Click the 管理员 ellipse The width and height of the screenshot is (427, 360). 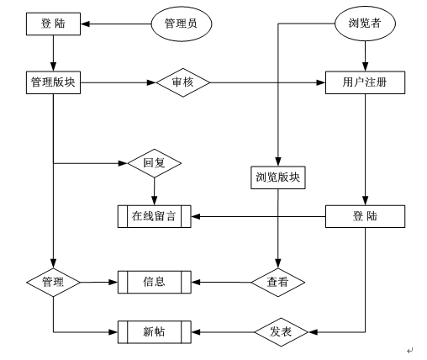[x=182, y=24]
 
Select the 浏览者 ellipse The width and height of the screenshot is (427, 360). [x=365, y=24]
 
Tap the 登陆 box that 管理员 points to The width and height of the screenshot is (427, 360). [x=53, y=24]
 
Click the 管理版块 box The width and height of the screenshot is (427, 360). [x=53, y=82]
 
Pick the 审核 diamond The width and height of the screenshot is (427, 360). [x=183, y=82]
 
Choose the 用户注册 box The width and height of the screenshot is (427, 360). [x=365, y=82]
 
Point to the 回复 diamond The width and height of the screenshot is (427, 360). [x=155, y=163]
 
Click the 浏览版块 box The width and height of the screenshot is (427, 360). [x=278, y=177]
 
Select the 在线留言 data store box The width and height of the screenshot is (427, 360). [x=155, y=216]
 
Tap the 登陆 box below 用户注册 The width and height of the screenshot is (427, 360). [x=365, y=216]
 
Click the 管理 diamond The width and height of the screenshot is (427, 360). [x=53, y=283]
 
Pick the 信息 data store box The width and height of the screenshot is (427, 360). [x=155, y=282]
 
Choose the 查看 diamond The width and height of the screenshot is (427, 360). [x=278, y=283]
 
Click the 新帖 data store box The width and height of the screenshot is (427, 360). [x=155, y=332]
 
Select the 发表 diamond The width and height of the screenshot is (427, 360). [x=282, y=332]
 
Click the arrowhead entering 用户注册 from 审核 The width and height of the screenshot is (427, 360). [x=321, y=82]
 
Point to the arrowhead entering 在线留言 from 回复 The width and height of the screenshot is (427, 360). [x=155, y=201]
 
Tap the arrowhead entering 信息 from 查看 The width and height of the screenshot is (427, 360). [x=196, y=282]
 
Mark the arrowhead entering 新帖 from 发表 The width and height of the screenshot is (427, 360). [x=196, y=332]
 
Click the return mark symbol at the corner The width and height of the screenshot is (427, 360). [x=410, y=350]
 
